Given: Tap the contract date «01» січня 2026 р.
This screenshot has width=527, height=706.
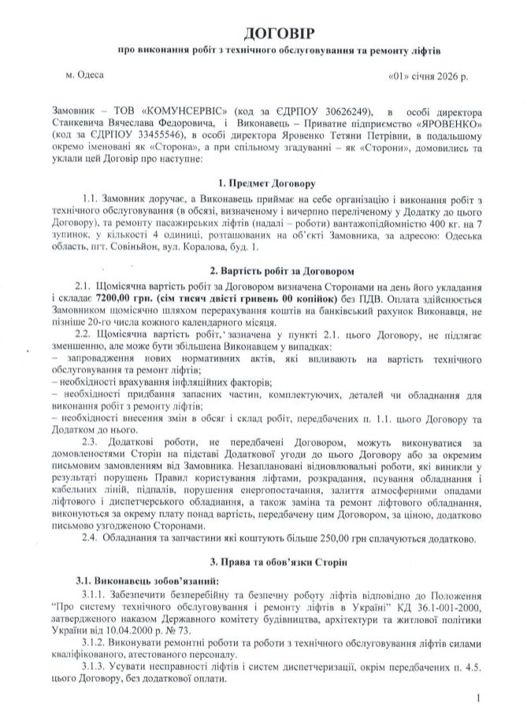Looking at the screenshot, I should tap(428, 77).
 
